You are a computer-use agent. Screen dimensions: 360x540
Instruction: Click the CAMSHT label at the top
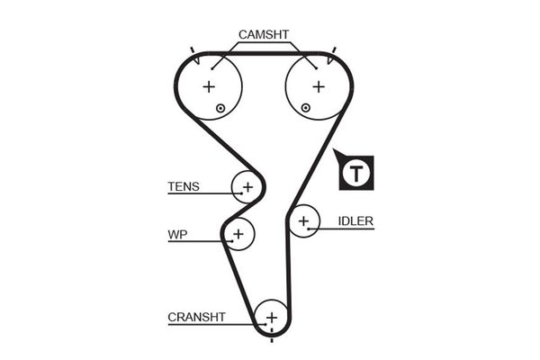[x=264, y=35]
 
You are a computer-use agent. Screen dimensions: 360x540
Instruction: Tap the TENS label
[x=184, y=188]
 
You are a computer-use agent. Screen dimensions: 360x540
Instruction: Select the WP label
[x=176, y=235]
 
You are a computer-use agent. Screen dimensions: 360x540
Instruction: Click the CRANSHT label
[x=196, y=317]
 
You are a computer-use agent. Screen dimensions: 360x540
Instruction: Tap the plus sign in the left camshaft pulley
[x=209, y=87]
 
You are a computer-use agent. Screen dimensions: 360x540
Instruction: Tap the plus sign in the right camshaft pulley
[x=318, y=87]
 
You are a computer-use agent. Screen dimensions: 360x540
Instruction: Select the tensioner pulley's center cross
[x=247, y=186]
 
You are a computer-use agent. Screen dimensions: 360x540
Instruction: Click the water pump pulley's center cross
[x=238, y=234]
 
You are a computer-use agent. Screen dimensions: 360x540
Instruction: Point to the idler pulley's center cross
[x=304, y=220]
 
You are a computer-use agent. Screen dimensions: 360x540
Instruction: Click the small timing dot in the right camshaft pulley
[x=306, y=108]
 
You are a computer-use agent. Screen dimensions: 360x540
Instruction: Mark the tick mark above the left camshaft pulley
[x=193, y=49]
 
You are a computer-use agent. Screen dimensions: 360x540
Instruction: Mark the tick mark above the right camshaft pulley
[x=335, y=49]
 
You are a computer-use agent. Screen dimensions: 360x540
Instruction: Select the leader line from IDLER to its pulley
[x=342, y=229]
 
